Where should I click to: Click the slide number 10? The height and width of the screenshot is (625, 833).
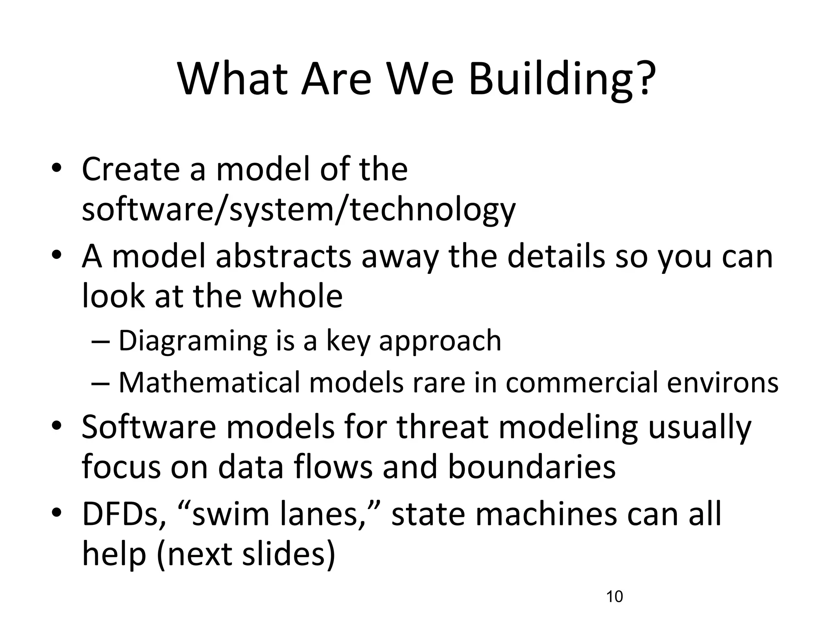point(614,597)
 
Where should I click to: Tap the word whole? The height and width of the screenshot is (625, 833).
point(297,296)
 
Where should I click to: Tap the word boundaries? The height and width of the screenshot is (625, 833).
point(532,467)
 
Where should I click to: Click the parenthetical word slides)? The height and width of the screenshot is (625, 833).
point(288,554)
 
